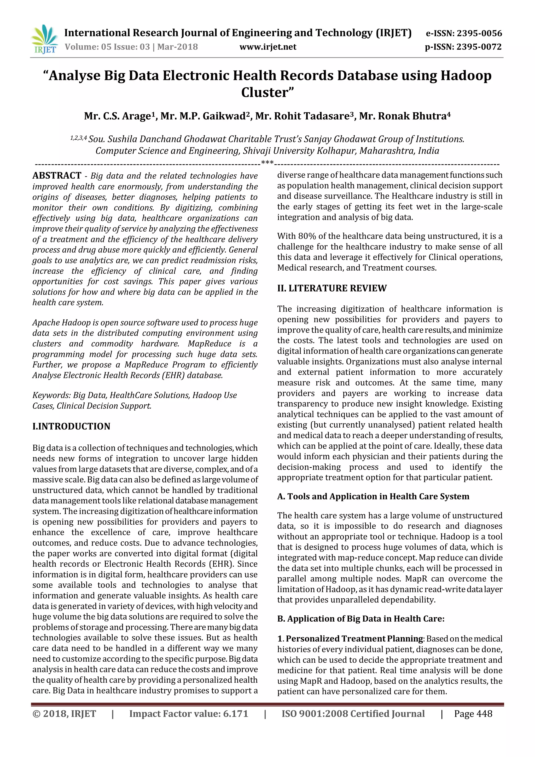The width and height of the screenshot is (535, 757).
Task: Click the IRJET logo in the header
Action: click(44, 39)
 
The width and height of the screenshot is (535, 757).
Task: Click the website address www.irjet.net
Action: click(268, 47)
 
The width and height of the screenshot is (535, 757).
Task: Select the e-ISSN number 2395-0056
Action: click(480, 33)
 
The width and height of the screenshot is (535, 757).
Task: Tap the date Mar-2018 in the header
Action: click(178, 47)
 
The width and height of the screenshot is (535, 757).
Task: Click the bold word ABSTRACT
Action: click(57, 175)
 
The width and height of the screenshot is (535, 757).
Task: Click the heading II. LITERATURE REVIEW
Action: click(332, 288)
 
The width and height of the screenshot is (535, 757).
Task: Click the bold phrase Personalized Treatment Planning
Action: click(354, 639)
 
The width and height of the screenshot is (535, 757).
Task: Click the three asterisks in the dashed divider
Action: click(267, 163)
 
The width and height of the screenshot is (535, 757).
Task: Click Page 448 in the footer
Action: click(473, 714)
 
